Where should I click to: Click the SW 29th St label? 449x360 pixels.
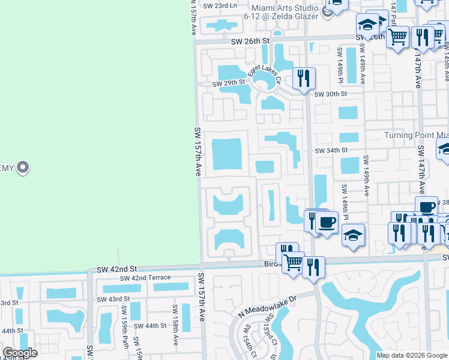tap(229, 83)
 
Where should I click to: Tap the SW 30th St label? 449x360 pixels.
tap(331, 94)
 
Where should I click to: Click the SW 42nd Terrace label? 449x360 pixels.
tap(145, 278)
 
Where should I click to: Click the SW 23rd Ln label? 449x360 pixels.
tap(220, 5)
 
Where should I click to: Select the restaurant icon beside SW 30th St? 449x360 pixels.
tap(304, 78)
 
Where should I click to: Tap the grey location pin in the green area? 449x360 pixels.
tap(23, 167)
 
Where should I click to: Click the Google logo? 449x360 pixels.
tap(20, 353)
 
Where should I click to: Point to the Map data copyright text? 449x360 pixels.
tap(412, 355)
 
